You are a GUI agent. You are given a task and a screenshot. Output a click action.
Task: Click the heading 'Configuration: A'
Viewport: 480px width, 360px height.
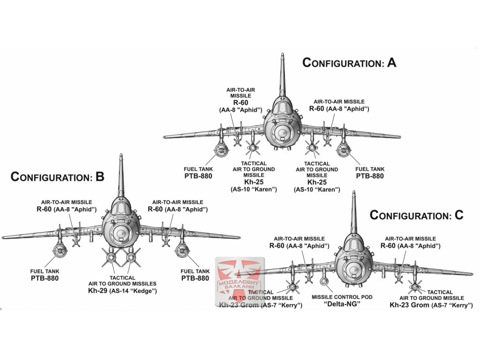pyautogui.click(x=349, y=62)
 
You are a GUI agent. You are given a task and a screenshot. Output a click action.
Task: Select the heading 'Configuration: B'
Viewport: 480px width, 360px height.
pyautogui.click(x=57, y=177)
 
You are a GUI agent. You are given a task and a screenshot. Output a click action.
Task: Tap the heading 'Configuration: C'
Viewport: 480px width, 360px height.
pyautogui.click(x=416, y=215)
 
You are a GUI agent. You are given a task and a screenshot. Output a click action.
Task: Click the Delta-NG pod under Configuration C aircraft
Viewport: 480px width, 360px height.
pyautogui.click(x=324, y=282)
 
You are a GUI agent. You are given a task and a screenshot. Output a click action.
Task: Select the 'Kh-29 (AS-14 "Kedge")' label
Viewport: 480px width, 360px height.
pyautogui.click(x=122, y=291)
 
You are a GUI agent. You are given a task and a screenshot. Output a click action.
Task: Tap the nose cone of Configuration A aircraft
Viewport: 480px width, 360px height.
pyautogui.click(x=282, y=133)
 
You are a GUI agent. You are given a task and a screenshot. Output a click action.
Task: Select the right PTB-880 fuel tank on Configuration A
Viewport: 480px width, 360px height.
pyautogui.click(x=344, y=150)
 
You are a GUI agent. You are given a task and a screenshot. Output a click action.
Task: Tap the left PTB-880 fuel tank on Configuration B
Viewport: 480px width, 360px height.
pyautogui.click(x=59, y=252)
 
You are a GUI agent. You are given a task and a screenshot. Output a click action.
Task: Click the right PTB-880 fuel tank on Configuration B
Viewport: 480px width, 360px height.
pyautogui.click(x=182, y=252)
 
